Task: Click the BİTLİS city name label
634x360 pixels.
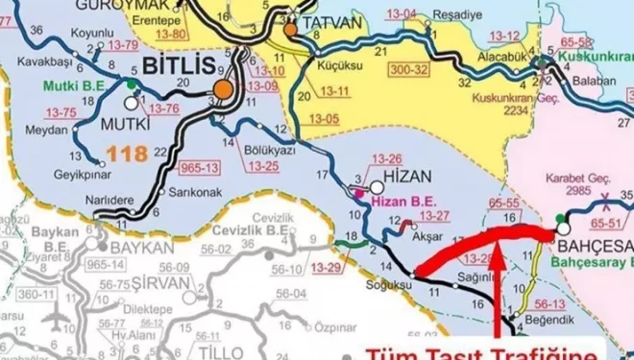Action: [175, 66]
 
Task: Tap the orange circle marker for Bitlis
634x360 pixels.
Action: [224, 89]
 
